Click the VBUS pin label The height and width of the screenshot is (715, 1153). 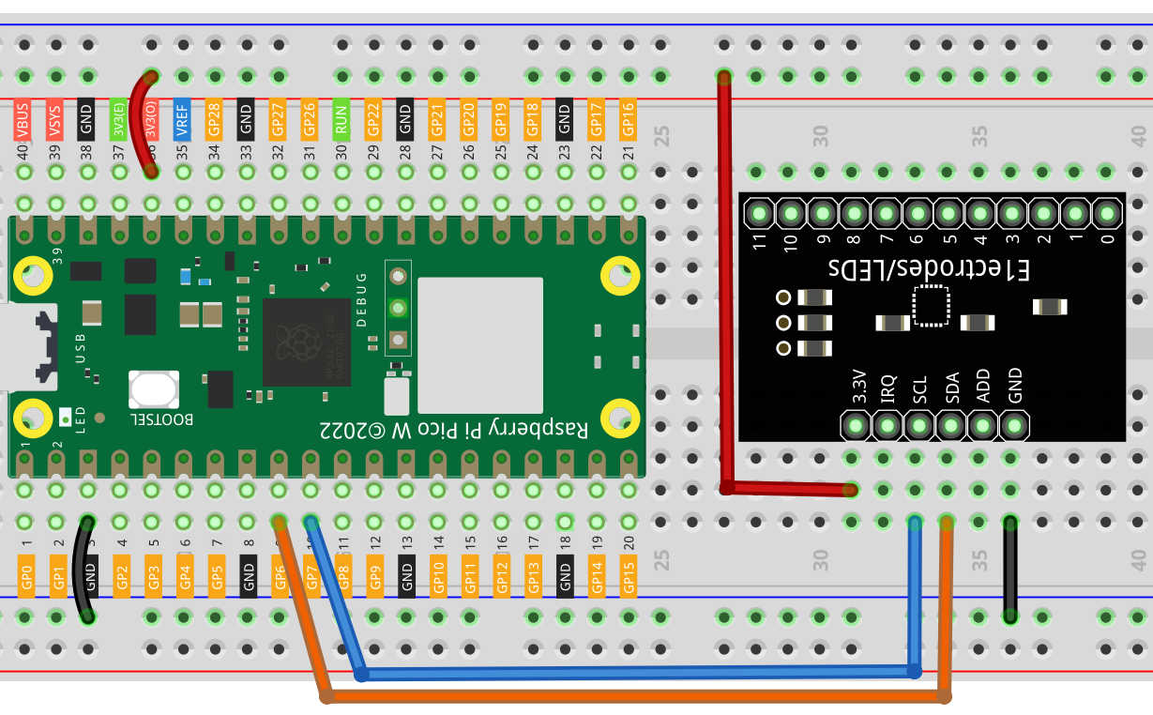(x=23, y=121)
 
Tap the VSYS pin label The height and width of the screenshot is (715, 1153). (x=54, y=121)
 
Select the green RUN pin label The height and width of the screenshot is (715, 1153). (x=341, y=119)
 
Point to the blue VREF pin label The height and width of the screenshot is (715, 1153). (x=182, y=119)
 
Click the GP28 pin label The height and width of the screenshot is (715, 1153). (x=214, y=119)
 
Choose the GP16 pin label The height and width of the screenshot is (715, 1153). (x=629, y=119)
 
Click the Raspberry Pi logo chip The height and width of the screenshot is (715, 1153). (x=306, y=342)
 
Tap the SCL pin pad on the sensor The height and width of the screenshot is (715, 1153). (x=918, y=428)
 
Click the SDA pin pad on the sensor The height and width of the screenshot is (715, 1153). (x=950, y=428)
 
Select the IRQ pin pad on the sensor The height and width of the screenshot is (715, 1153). (x=887, y=428)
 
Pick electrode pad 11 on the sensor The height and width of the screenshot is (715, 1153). (x=759, y=214)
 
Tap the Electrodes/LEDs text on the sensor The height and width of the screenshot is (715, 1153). (x=929, y=269)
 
